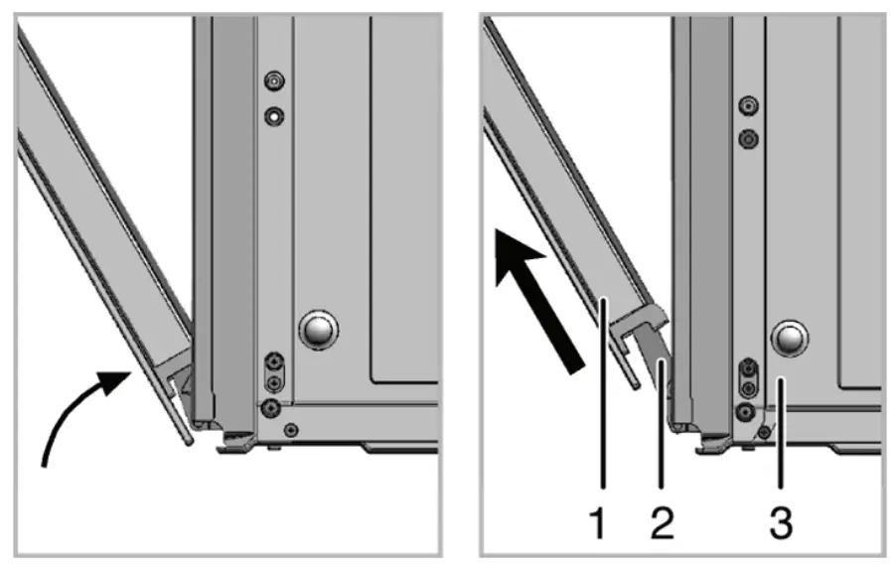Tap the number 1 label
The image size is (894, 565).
point(598,524)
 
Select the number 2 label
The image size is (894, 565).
point(662,524)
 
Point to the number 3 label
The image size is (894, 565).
point(781,524)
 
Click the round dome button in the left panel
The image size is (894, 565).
point(318,330)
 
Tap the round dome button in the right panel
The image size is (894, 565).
point(790,339)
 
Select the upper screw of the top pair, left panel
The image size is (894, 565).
point(274,81)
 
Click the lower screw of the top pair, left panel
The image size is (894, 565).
point(274,117)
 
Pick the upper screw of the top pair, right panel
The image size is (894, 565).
point(748,105)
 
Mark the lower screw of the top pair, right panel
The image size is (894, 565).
point(748,139)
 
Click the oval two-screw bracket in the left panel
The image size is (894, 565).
point(274,373)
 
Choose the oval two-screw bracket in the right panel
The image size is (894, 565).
point(749,379)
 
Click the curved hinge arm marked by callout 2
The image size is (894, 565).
point(656,353)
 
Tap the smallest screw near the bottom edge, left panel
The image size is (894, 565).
point(291,429)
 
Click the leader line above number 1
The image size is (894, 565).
point(603,393)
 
